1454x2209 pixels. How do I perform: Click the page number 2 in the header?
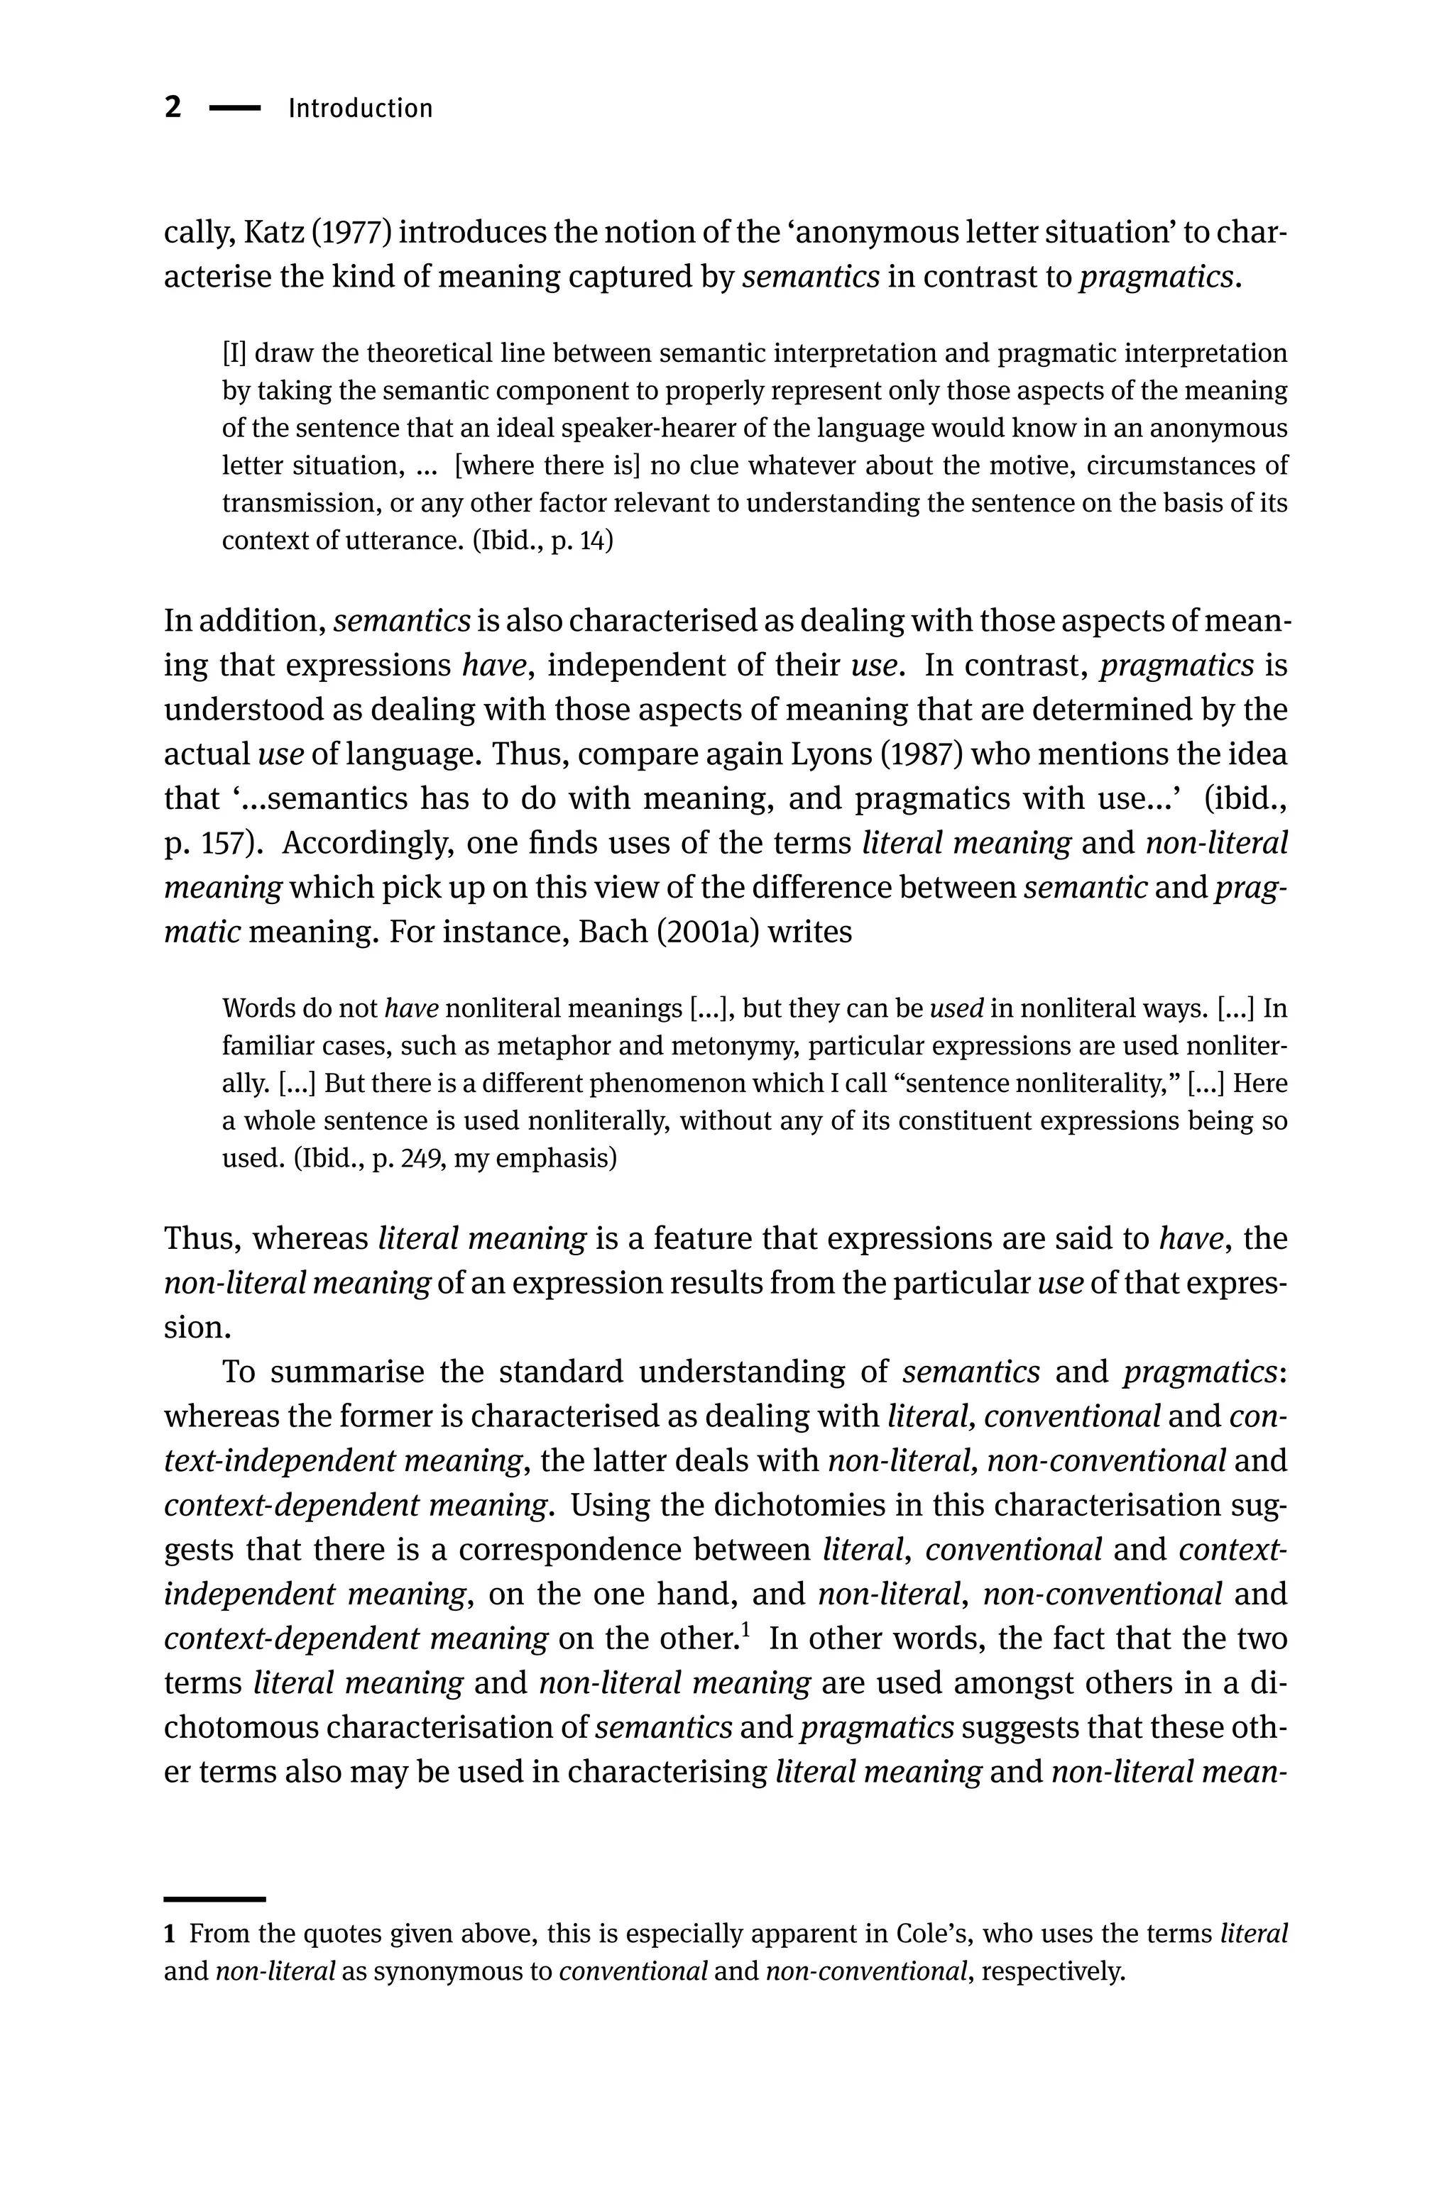(x=173, y=108)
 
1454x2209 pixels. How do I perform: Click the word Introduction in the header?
(x=360, y=109)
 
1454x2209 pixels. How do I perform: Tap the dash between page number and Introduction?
(x=235, y=109)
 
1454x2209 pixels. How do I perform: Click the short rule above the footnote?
(x=214, y=1874)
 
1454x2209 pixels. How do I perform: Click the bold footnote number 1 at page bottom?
(x=170, y=1935)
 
